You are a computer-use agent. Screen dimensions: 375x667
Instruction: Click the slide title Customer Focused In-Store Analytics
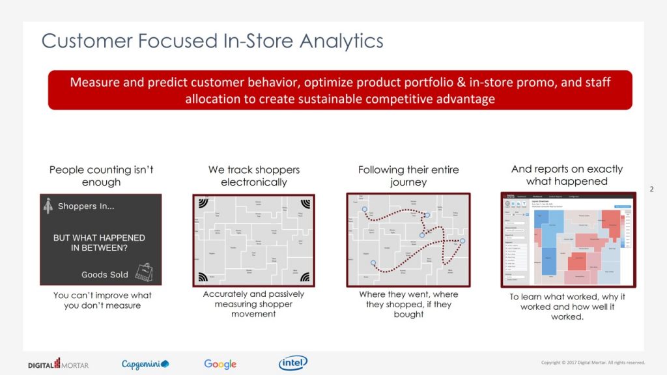tap(212, 41)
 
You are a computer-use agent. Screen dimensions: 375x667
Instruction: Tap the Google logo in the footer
tap(220, 364)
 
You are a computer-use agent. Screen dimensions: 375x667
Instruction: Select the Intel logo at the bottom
tap(293, 363)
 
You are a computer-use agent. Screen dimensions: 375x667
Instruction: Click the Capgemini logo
tap(145, 364)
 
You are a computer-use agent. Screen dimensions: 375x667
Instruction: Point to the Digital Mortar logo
tap(58, 364)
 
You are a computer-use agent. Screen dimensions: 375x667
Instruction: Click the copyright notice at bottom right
tap(593, 363)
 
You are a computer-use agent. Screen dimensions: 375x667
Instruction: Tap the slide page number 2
tap(651, 189)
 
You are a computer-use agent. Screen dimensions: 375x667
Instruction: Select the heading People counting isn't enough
tap(101, 176)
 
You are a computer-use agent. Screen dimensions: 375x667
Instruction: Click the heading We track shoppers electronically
tap(253, 176)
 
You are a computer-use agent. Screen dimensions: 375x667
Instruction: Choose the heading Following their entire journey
tap(408, 176)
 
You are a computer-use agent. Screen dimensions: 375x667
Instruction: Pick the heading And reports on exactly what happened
tap(567, 175)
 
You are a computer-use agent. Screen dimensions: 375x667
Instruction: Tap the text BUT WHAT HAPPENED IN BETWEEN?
tap(99, 243)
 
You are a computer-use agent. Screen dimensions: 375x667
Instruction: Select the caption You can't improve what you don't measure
tap(102, 300)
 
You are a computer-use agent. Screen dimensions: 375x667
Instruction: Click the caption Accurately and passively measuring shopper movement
tap(253, 304)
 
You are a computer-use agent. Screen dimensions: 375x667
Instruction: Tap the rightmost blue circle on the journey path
tap(462, 241)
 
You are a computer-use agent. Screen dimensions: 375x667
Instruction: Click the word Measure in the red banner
tap(92, 83)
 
